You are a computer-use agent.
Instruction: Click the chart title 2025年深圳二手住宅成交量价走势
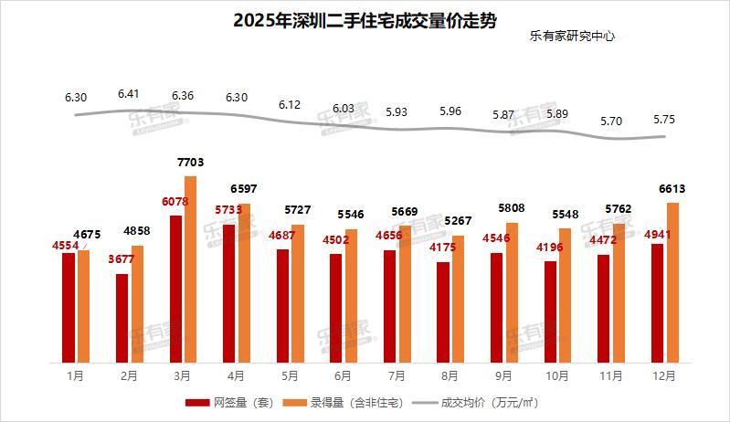pos(365,20)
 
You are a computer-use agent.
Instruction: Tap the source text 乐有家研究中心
pos(572,37)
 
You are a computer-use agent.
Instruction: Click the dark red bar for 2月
pos(122,316)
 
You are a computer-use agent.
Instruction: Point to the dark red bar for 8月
pos(443,311)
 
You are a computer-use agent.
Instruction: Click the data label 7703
pos(190,163)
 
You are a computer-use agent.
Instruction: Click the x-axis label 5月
pos(290,375)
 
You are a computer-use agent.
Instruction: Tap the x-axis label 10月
pos(557,375)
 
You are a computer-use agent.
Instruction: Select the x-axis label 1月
pos(76,375)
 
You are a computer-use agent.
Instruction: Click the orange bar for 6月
pos(351,294)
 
